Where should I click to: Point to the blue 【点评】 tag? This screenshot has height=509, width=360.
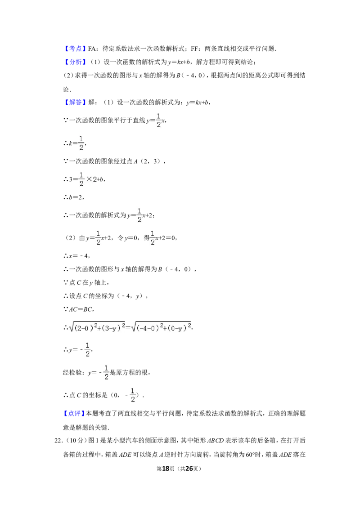coord(74,413)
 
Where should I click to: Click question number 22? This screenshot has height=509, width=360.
coord(58,441)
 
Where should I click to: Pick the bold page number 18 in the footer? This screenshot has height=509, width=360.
coord(166,469)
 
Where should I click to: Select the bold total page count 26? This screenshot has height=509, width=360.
coord(189,469)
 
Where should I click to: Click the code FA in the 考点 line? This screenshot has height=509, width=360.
coord(92,49)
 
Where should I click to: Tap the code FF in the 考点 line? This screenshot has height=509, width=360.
coord(194,49)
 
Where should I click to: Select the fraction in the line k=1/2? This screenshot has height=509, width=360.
coord(81,143)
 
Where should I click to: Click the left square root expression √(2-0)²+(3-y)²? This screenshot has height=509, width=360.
coord(97,327)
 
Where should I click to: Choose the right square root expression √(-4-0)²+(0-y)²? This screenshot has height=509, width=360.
coord(161,327)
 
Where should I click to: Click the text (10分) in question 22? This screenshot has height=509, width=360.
coord(76,441)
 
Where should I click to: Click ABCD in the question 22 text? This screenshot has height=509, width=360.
coord(216,441)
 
